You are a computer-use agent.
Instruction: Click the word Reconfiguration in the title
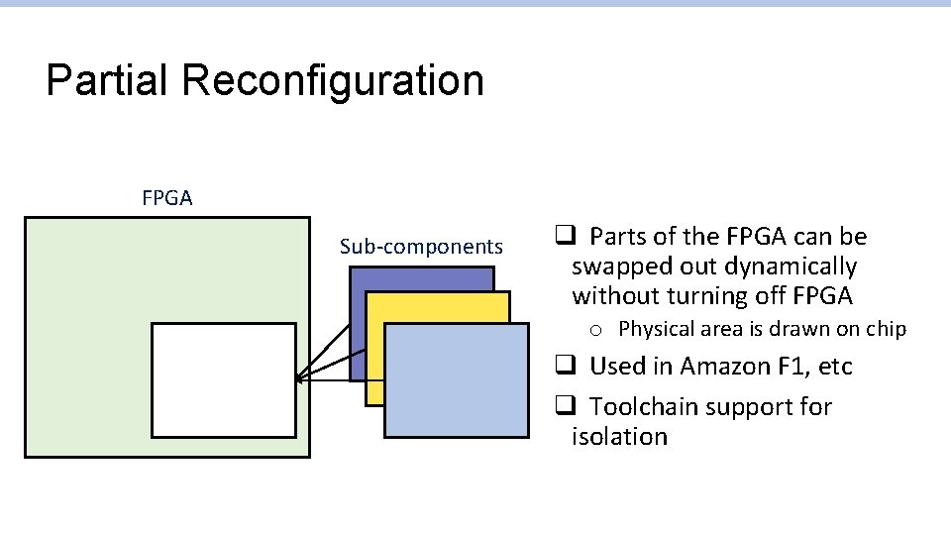(333, 81)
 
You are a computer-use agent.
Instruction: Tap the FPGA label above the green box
(167, 198)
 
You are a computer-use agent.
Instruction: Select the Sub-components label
(421, 247)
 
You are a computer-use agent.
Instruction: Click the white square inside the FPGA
(224, 379)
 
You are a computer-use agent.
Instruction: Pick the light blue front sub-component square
(457, 381)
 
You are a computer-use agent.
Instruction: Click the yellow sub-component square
(374, 391)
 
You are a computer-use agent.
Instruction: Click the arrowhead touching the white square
(299, 378)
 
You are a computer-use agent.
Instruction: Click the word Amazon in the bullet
(717, 367)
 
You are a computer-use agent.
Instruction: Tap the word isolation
(619, 437)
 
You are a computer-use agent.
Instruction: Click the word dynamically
(791, 267)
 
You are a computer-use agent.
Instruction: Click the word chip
(886, 329)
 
